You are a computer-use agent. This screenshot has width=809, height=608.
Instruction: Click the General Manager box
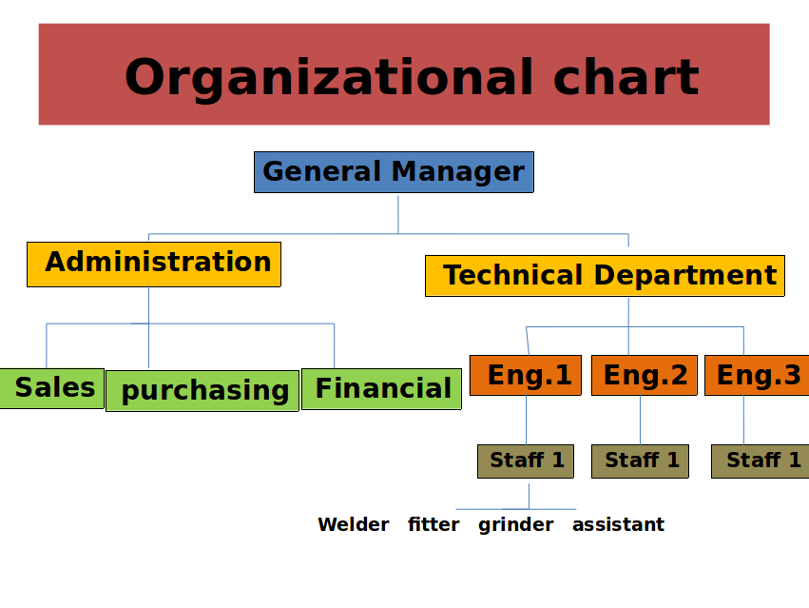click(394, 172)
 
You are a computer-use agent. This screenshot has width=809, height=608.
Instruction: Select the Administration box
click(154, 264)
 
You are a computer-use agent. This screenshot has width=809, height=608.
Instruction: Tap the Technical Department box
click(605, 276)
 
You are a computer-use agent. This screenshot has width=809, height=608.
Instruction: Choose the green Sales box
click(51, 388)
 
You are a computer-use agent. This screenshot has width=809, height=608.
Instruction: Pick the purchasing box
click(202, 390)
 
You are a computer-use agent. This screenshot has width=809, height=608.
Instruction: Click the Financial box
click(381, 389)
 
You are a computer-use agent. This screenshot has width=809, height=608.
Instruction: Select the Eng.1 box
click(526, 376)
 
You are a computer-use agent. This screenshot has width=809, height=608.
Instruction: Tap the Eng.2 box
click(645, 376)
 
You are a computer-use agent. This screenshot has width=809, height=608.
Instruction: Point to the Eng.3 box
click(757, 376)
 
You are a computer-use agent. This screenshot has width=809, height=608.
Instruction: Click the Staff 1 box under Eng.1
click(526, 461)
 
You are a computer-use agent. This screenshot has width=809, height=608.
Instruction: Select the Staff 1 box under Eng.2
click(641, 461)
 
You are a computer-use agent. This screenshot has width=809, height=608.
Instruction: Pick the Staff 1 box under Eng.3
click(760, 461)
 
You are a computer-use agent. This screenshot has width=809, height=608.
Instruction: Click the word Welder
click(354, 524)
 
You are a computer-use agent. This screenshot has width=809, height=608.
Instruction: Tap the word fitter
click(433, 524)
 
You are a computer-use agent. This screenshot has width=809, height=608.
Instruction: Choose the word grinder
click(516, 525)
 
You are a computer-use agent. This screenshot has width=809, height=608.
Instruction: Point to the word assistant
click(618, 524)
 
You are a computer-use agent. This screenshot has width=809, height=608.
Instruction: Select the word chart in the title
click(626, 76)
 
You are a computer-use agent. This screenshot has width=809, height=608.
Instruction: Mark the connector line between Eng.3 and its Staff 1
click(744, 420)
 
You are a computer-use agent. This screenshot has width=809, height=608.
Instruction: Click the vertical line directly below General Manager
click(398, 214)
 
